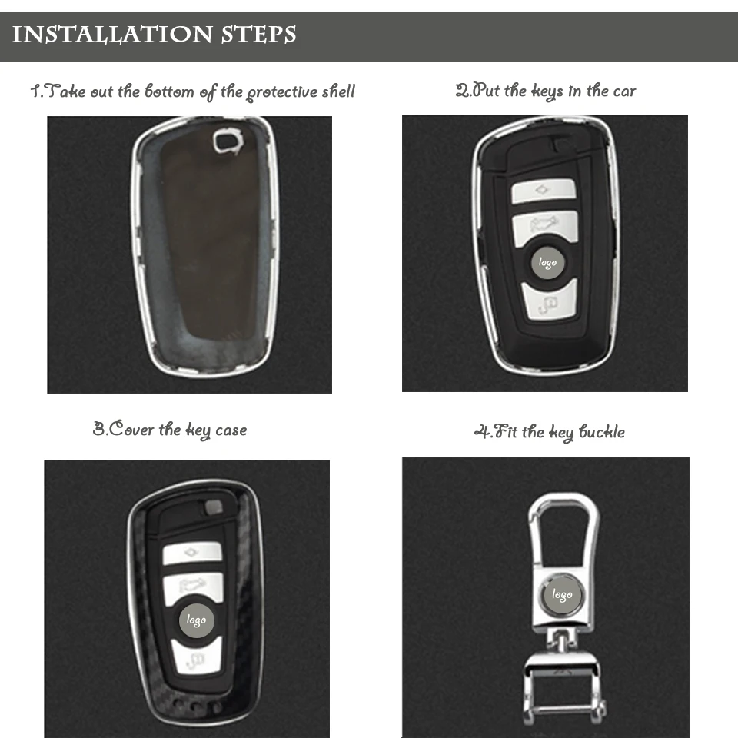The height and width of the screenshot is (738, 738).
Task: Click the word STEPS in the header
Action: [258, 35]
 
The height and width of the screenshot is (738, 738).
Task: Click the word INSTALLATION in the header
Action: [112, 35]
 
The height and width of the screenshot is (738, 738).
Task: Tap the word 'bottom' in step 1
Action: [169, 91]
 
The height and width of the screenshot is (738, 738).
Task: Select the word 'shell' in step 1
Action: [338, 91]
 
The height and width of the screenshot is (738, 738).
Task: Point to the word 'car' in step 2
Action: [624, 91]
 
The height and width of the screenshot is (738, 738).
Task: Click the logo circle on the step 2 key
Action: [547, 262]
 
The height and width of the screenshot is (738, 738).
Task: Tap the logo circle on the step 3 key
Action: [196, 620]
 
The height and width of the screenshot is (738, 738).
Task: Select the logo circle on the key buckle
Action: [562, 594]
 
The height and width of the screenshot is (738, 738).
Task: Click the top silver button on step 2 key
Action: [544, 191]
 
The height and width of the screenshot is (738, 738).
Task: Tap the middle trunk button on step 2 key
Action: [544, 227]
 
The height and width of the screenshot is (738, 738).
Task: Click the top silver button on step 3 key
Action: [192, 553]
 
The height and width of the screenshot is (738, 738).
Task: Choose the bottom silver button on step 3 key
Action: [196, 658]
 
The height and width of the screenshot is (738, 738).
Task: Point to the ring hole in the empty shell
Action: [226, 141]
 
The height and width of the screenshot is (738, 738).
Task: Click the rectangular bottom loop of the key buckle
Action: [563, 692]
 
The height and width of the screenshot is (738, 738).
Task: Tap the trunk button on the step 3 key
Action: [193, 587]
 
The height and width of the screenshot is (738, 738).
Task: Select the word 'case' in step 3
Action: [231, 430]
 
